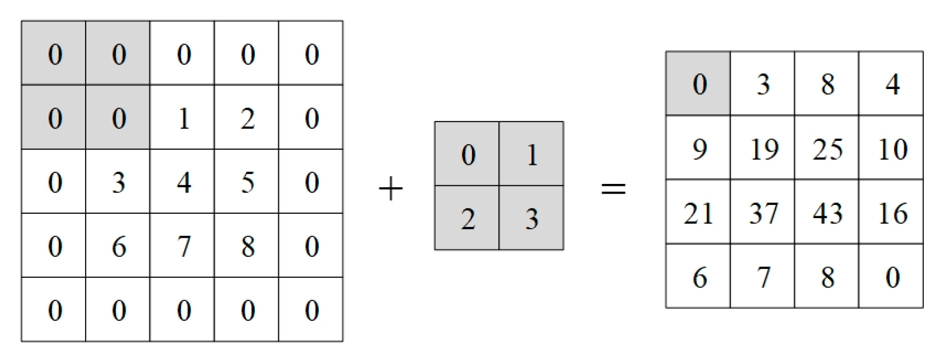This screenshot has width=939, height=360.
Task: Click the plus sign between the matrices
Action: [x=391, y=189]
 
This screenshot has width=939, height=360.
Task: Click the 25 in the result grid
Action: [x=827, y=149]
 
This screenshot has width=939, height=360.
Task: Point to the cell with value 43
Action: [x=827, y=213]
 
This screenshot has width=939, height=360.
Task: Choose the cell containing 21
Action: [x=698, y=213]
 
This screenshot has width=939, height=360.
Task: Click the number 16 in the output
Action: [x=892, y=213]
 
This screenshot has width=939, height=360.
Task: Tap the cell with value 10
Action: [x=892, y=149]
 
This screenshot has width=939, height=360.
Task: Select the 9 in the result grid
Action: [x=699, y=149]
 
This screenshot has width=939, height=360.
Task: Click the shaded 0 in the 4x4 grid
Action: [x=699, y=84]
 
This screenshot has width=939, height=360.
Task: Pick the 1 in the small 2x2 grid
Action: [x=532, y=155]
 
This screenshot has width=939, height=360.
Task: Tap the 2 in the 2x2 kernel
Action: [x=468, y=219]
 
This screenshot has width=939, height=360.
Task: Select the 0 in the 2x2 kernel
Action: [x=468, y=155]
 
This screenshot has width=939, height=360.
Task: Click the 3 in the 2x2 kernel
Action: [x=532, y=219]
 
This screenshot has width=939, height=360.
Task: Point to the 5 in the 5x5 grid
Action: [x=247, y=182]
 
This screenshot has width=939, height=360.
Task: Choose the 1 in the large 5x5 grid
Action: [x=183, y=118]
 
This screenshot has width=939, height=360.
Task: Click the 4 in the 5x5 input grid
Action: [x=183, y=182]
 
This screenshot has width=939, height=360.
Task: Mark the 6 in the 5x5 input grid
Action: [x=119, y=247]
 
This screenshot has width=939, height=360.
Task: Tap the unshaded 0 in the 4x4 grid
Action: [x=892, y=277]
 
